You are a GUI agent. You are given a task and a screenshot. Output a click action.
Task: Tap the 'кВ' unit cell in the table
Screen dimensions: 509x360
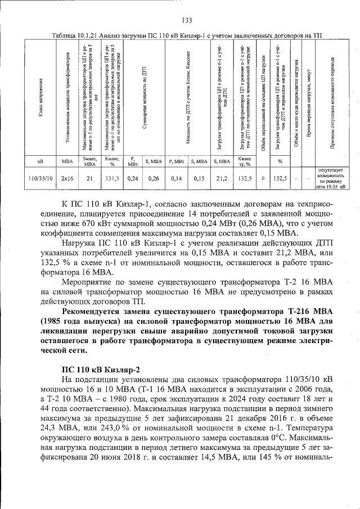pos(40,162)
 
